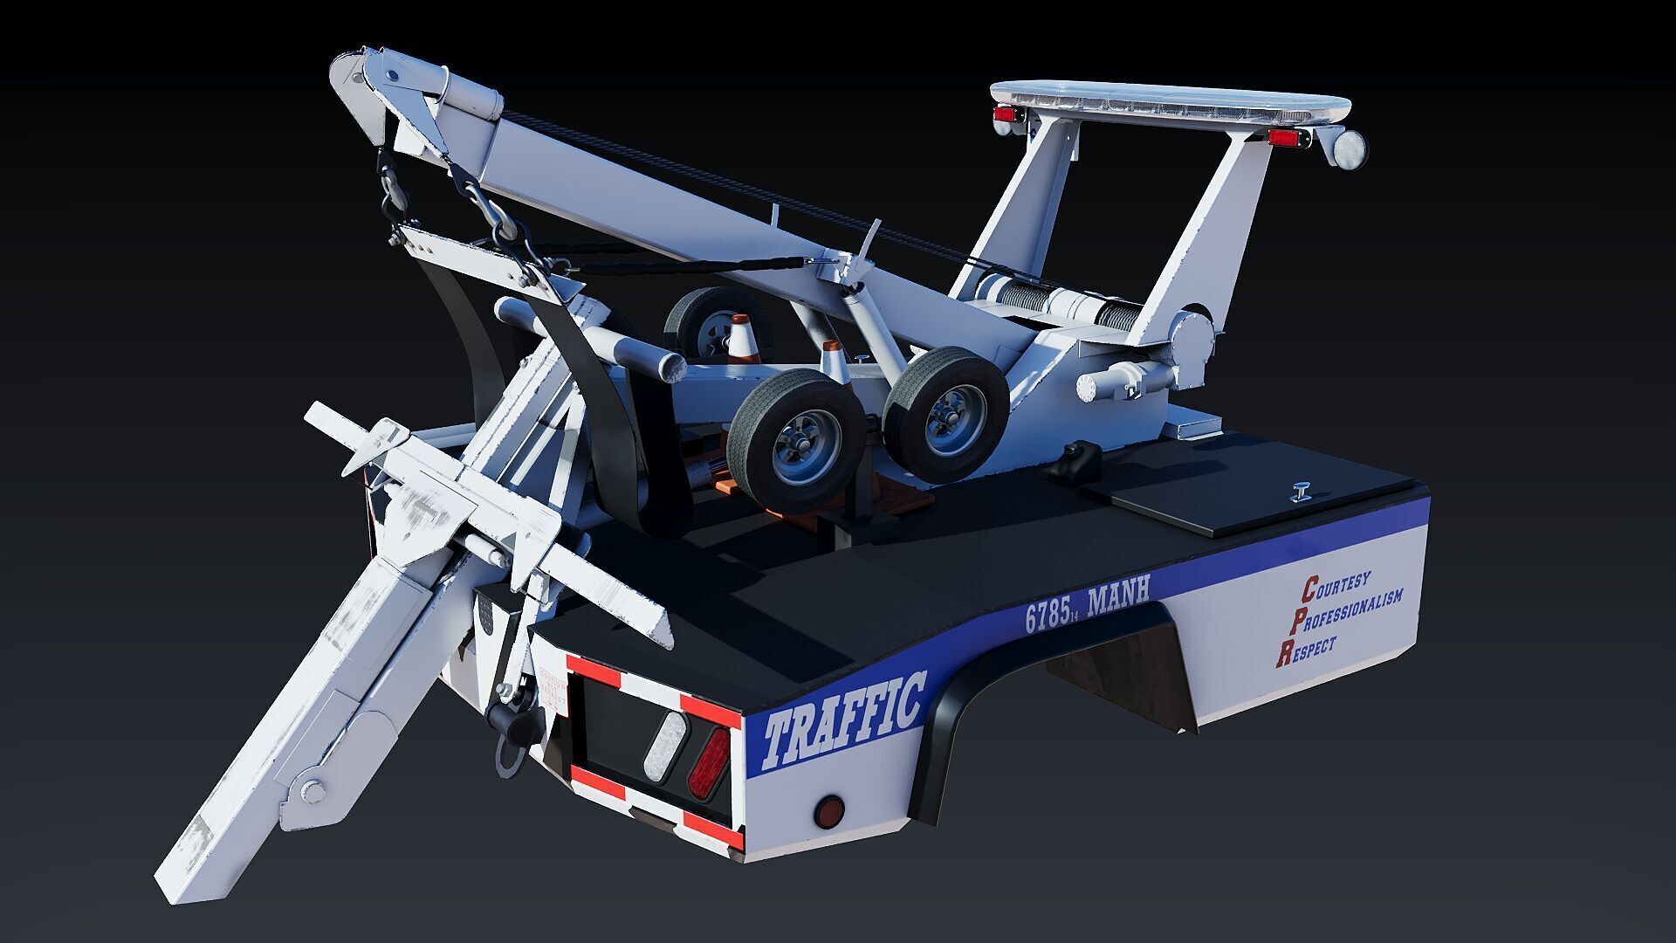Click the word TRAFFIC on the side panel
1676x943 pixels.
click(843, 720)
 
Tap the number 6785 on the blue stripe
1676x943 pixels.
click(1047, 616)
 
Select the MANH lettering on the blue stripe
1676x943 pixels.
click(1118, 595)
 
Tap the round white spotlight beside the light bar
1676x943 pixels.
click(1350, 146)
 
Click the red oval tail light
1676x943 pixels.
click(708, 762)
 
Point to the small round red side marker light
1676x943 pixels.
click(828, 811)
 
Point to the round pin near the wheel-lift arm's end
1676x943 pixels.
click(312, 792)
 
